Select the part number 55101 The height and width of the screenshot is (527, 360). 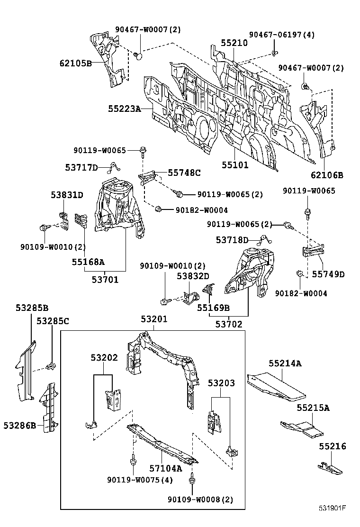coord(235,165)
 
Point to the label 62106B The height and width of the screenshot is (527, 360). coord(327,175)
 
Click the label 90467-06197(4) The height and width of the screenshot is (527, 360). coord(282,35)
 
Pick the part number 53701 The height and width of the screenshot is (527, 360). coord(105,280)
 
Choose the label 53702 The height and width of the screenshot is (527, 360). coord(229,325)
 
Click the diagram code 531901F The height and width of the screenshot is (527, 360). coord(332,509)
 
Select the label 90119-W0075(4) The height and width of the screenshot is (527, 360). coord(140,480)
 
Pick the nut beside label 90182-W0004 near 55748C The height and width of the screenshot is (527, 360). coord(159,209)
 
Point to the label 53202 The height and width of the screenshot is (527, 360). coord(104,358)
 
